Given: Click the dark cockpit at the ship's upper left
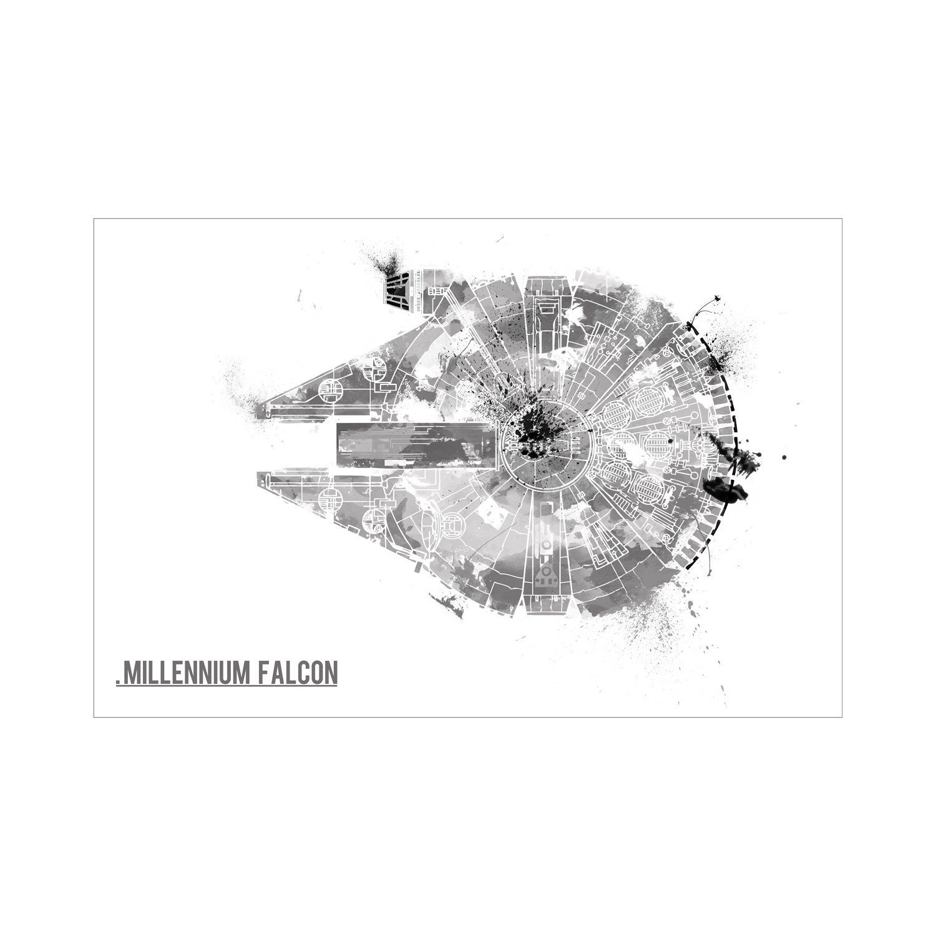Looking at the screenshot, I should click(397, 289).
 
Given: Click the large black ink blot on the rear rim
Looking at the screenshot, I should click(718, 487).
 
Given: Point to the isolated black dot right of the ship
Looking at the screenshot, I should click(782, 459).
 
